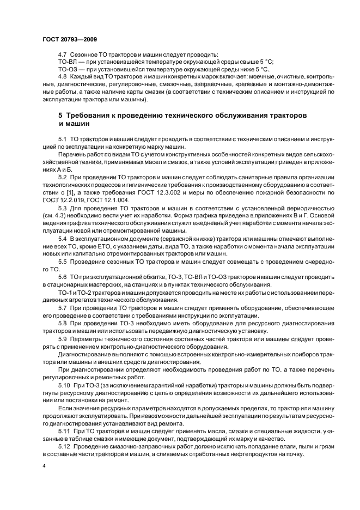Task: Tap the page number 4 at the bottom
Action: point(44,466)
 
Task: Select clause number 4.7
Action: point(63,55)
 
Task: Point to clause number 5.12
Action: point(64,447)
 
